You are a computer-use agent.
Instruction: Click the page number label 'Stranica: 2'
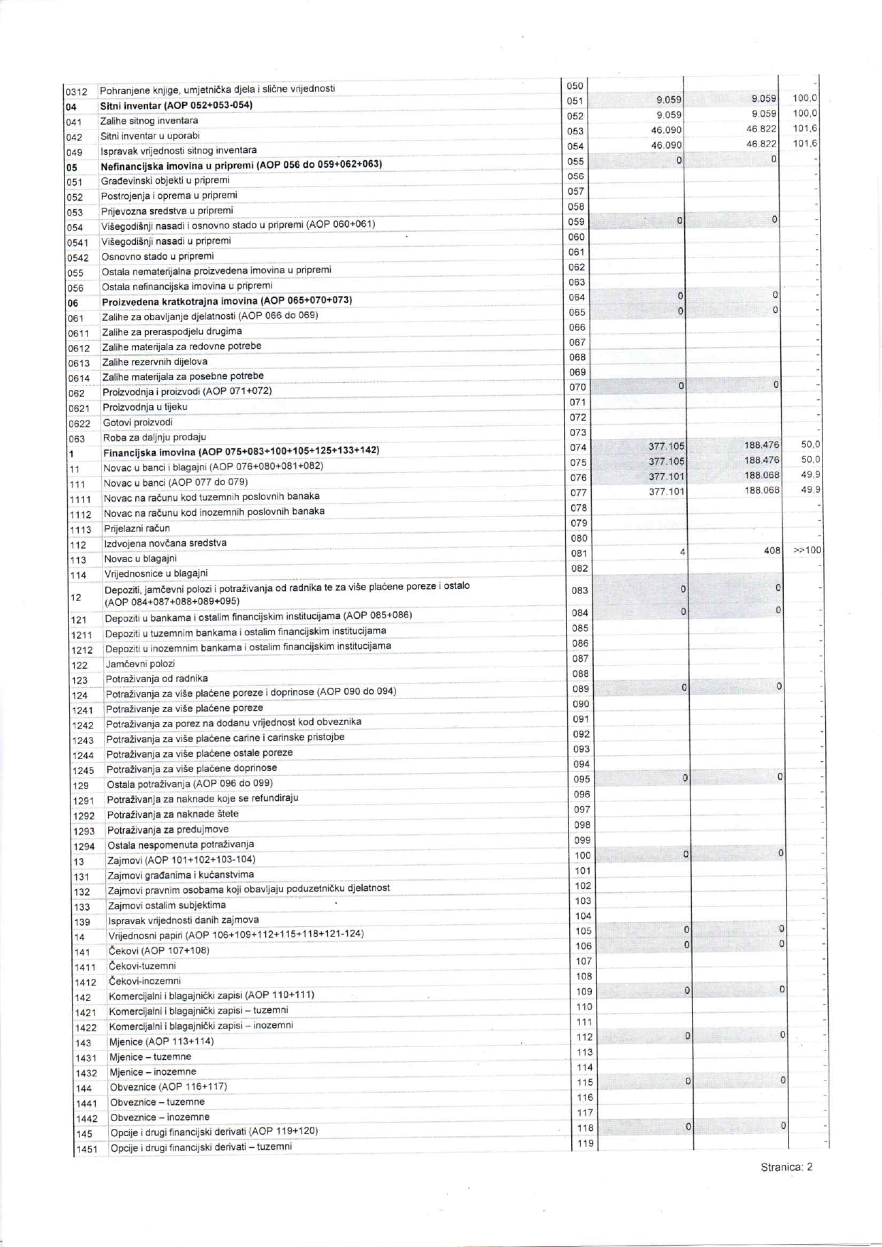click(786, 1167)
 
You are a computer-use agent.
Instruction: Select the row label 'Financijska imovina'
click(149, 452)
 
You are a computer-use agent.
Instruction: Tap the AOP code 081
click(577, 553)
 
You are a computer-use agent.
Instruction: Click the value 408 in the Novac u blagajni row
click(772, 550)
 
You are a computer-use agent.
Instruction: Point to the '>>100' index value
click(807, 550)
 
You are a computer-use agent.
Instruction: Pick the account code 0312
click(76, 92)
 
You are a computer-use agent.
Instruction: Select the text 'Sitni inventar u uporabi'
click(149, 135)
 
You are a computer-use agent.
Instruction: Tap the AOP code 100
click(583, 856)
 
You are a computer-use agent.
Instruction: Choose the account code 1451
click(86, 1150)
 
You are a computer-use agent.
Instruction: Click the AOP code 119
click(585, 1143)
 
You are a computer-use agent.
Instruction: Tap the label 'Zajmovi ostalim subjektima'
click(166, 905)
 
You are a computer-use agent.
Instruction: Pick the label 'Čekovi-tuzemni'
click(142, 965)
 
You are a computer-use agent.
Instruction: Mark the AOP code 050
click(575, 86)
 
